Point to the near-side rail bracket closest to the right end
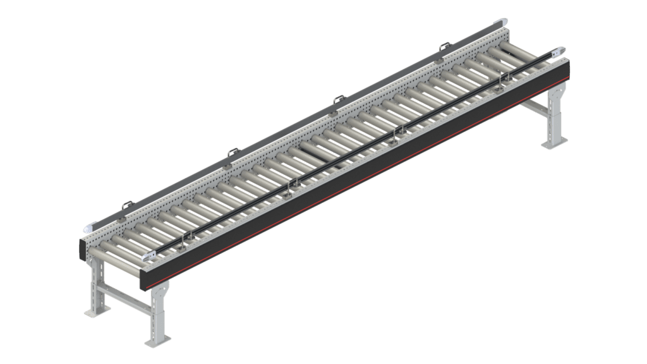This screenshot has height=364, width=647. tap(504, 76)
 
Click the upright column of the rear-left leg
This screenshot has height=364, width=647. tap(97, 284)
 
